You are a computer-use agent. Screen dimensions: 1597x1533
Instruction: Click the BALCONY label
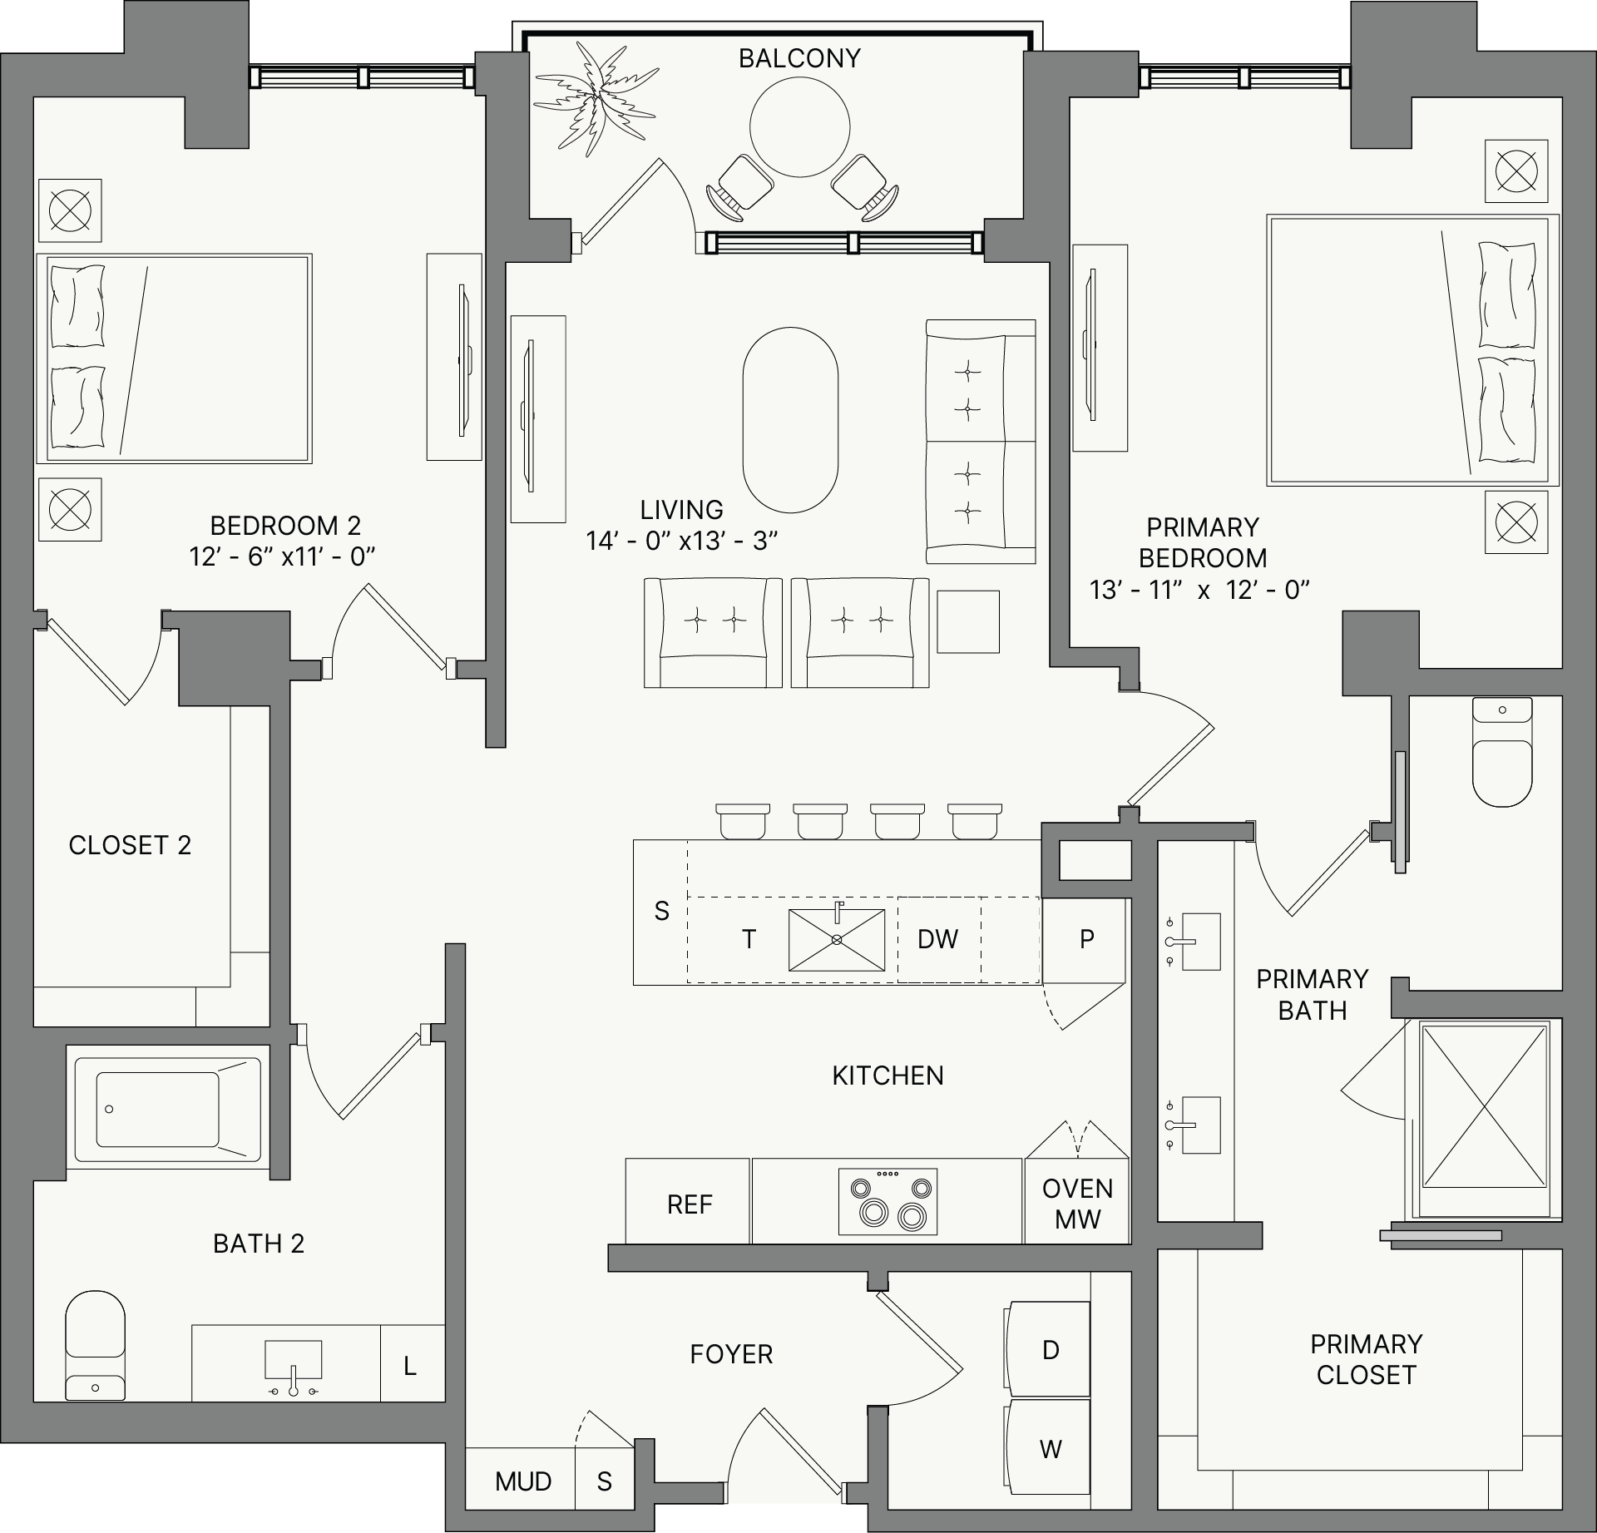coord(799,58)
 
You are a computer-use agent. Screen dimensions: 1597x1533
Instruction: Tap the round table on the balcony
coord(799,127)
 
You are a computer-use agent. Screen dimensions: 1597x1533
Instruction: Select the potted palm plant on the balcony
coord(596,100)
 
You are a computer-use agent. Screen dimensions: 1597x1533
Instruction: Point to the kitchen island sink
coord(837,939)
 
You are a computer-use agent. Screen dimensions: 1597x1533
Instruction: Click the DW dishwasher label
coord(937,939)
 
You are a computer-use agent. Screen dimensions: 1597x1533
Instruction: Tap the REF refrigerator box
coord(688,1201)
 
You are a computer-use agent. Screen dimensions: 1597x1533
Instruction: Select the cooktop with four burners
coord(887,1201)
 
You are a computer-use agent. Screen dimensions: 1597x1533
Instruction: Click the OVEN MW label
coord(1077,1204)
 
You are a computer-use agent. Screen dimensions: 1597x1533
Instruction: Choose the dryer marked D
coord(1048,1349)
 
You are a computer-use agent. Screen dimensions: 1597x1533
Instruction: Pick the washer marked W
coord(1048,1449)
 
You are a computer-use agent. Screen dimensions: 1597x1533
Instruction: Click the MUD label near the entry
coord(523,1481)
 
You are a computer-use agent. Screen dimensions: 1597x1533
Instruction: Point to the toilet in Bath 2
coord(95,1345)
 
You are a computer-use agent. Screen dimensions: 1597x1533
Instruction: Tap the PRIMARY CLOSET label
coord(1366,1359)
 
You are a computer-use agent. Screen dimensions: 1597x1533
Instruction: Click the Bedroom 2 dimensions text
coord(282,556)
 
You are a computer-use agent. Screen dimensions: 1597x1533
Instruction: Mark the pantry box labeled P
coord(1085,940)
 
